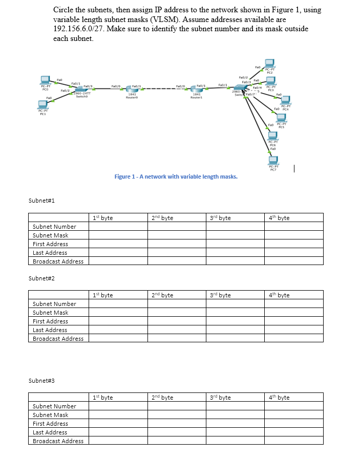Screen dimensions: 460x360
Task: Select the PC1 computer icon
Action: click(44, 103)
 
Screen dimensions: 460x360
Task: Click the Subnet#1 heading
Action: click(43, 201)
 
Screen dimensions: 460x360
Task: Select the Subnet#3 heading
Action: click(43, 381)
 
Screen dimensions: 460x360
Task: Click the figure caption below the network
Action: click(176, 177)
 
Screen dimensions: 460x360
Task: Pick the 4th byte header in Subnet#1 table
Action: click(279, 218)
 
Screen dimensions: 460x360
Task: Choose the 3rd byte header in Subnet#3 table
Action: click(221, 398)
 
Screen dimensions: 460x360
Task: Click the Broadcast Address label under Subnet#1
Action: click(58, 261)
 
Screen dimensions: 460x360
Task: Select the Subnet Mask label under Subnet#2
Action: click(50, 313)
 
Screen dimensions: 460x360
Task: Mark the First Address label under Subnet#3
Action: click(50, 424)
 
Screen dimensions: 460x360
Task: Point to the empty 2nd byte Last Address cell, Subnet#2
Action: click(177, 330)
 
